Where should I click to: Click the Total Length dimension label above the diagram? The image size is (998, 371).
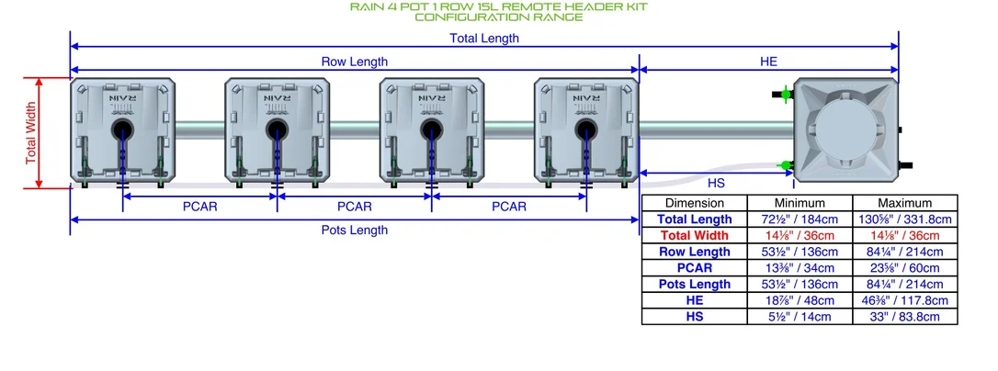pos(483,39)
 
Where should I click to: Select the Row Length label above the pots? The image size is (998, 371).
pos(355,62)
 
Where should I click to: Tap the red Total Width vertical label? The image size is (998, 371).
pos(31,133)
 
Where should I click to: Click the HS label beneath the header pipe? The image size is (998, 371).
pos(715,184)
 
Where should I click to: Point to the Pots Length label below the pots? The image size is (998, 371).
pos(355,230)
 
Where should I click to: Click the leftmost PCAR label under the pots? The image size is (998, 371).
pos(199,207)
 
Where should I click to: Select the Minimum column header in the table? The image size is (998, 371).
pos(800,203)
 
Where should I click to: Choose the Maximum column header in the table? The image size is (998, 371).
pos(904,203)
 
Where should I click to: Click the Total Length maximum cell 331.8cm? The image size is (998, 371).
pos(904,219)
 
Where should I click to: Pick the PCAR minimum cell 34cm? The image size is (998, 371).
pos(800,268)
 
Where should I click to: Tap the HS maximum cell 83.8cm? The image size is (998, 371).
pos(904,316)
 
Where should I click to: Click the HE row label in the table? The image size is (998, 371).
pos(695,300)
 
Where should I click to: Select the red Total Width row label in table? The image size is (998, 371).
pos(695,235)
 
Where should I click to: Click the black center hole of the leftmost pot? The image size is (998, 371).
pos(122,130)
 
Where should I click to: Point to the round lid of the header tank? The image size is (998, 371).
pos(846,130)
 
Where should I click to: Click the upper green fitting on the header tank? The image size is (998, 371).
pos(786,95)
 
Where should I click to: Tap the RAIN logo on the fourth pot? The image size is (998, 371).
pos(585,98)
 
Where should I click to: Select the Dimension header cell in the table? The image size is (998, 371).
pos(695,203)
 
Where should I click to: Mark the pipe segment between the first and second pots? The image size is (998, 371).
pos(199,130)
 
